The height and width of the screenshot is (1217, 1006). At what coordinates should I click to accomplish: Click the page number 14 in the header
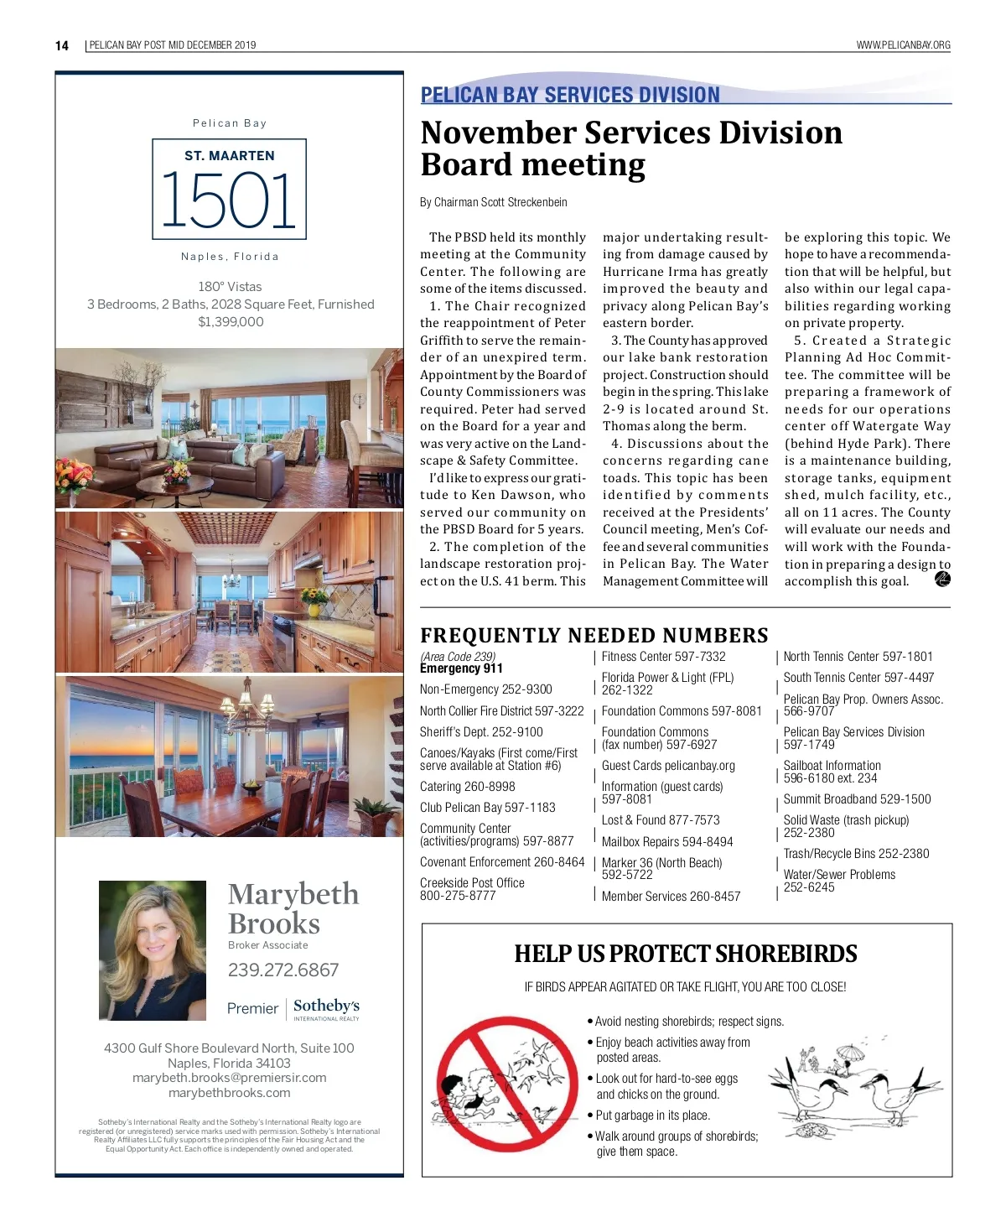[x=62, y=45]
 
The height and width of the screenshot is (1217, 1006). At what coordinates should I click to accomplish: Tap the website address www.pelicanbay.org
[x=903, y=45]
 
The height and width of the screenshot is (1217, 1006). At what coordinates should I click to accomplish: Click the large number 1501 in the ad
[x=229, y=200]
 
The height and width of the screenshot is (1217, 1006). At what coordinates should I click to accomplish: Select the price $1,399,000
[x=231, y=322]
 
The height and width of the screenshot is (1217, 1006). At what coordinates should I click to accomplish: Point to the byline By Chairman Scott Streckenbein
[x=493, y=202]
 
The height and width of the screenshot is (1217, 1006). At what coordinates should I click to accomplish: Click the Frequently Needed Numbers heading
[x=594, y=636]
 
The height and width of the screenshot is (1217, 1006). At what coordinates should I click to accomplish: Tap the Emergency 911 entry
[x=461, y=668]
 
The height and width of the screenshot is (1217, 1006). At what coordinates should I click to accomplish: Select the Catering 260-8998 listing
[x=467, y=787]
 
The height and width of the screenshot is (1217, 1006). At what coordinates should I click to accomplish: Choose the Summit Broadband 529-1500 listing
[x=857, y=799]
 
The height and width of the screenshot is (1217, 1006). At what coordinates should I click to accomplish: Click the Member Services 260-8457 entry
[x=671, y=897]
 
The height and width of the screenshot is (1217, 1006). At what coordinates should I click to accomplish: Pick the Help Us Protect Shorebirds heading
[x=685, y=954]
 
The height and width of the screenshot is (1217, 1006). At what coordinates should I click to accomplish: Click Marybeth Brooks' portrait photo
[x=153, y=949]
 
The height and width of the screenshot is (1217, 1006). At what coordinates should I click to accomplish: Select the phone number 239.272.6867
[x=283, y=970]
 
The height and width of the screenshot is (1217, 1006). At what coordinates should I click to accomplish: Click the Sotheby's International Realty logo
[x=326, y=1008]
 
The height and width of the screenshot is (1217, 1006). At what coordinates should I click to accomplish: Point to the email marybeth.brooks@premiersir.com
[x=229, y=1078]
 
